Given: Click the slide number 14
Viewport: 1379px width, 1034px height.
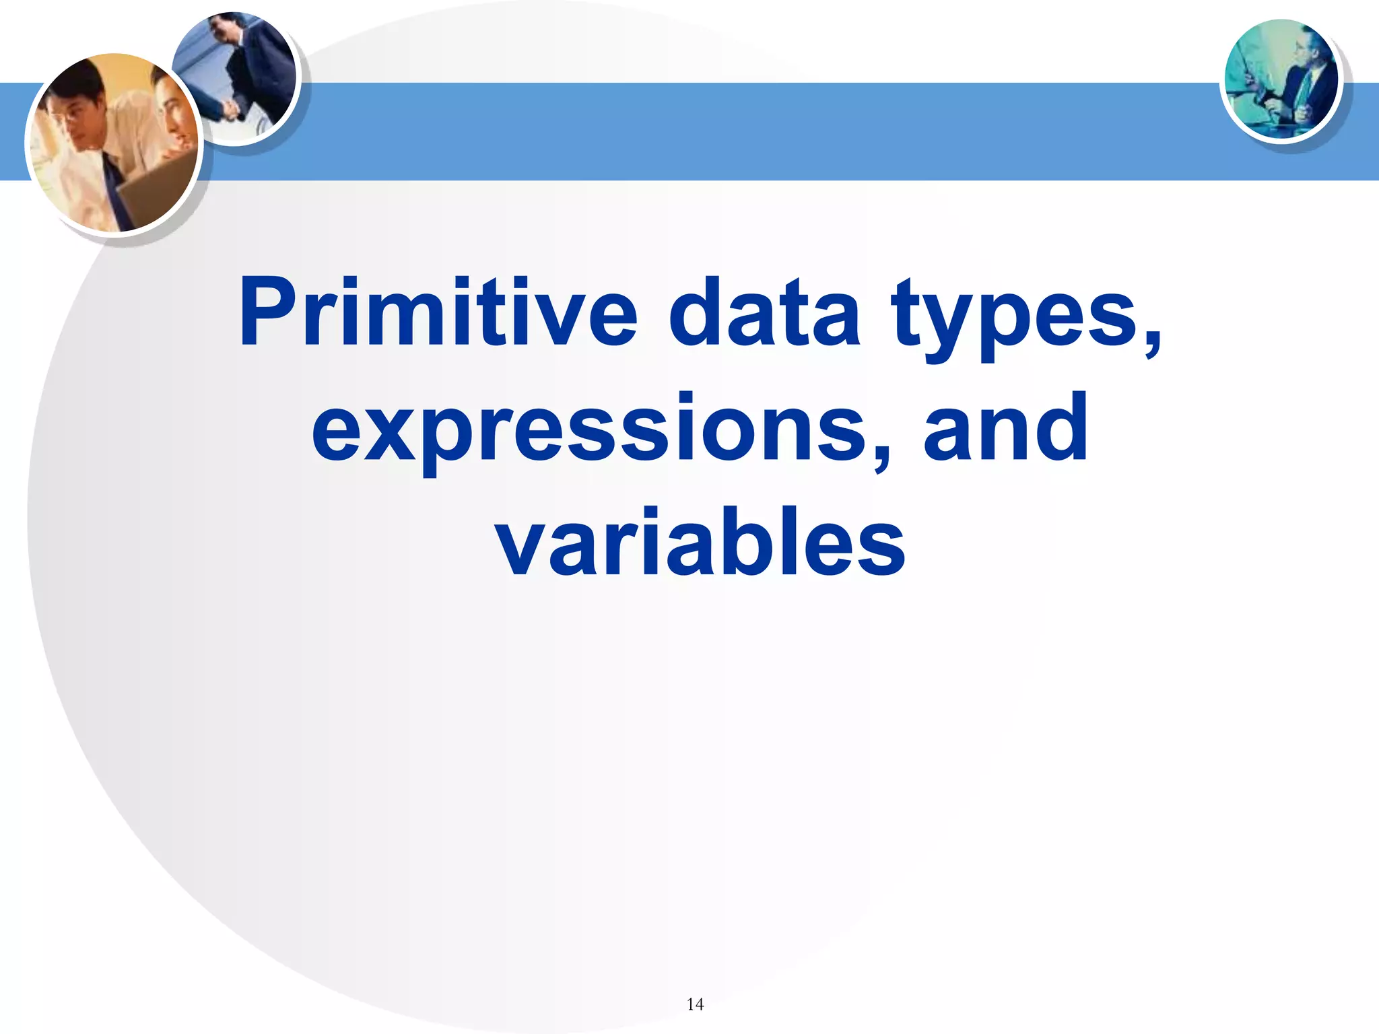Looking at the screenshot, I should tap(695, 1004).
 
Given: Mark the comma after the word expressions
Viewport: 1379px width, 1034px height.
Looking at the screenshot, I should tap(880, 454).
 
